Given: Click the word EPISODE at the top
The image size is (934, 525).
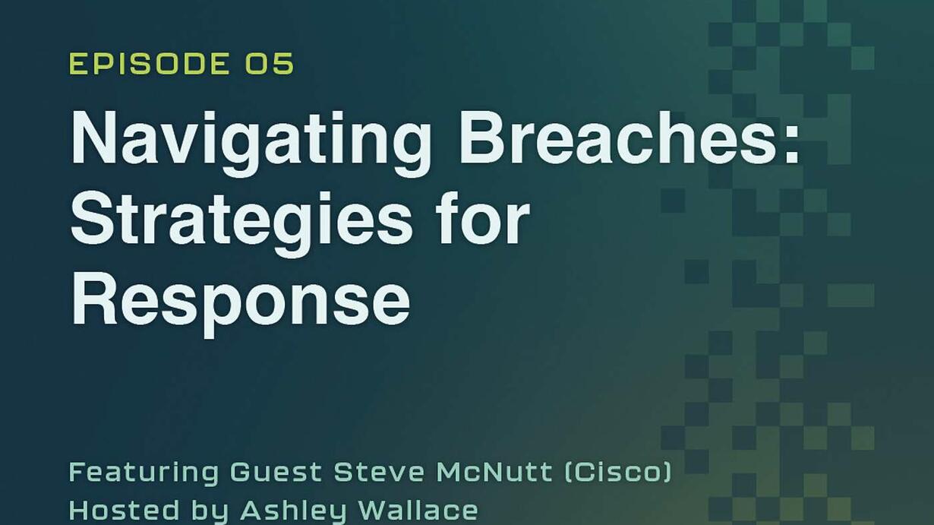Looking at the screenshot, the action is pos(150,64).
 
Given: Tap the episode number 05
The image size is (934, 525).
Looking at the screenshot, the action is pos(270,64).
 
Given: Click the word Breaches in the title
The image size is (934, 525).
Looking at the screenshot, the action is pos(619,137).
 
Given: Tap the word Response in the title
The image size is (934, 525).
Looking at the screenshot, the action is pos(241,304).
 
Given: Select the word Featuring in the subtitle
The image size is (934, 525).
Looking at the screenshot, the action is pos(144,473).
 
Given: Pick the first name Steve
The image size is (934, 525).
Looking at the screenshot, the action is pos(379,472).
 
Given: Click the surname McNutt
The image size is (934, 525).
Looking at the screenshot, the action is pos(494,472).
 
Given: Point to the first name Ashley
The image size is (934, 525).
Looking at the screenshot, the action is pos(293,511).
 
